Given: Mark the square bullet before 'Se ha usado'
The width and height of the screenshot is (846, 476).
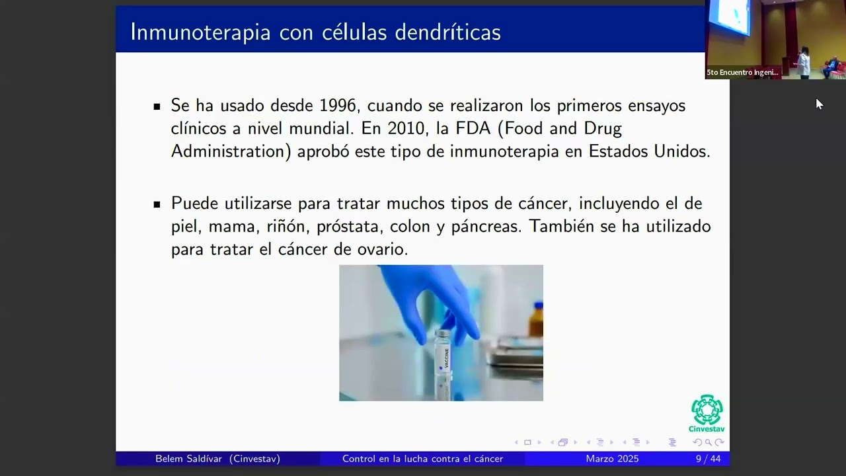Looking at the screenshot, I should click(157, 106).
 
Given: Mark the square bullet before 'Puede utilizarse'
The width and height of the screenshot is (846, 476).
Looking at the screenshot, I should click(157, 204).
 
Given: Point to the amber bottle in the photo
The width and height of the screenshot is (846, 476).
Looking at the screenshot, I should click(536, 321).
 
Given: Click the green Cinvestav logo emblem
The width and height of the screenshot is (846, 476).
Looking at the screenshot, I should click(707, 410).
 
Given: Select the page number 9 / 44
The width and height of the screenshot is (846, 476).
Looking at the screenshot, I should click(708, 459).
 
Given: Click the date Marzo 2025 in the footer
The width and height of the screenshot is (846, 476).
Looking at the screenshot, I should click(612, 459).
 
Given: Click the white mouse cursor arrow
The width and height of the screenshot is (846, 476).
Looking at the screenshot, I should click(819, 104).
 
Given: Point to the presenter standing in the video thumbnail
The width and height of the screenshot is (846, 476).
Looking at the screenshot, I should click(804, 62).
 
